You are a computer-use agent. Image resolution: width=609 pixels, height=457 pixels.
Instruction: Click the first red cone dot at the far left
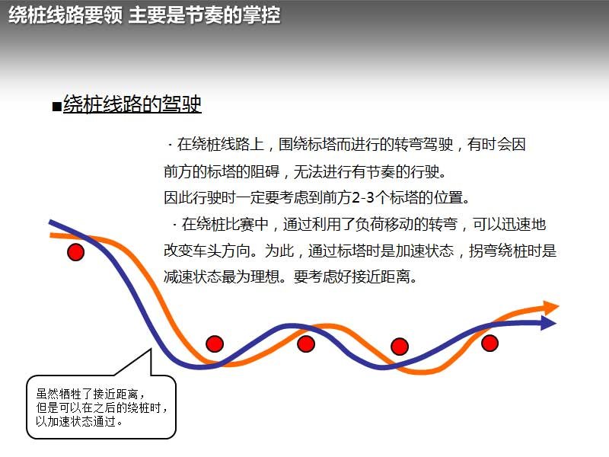coord(75,252)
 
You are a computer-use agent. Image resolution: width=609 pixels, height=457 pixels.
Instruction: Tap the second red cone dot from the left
coord(215,344)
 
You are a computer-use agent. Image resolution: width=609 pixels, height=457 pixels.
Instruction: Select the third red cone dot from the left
coord(306,344)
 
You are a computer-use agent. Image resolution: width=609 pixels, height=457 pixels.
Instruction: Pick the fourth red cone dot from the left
coord(400,347)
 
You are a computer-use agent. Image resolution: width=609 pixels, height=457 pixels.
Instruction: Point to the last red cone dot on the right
coord(489,344)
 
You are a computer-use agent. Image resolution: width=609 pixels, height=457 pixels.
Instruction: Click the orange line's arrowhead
coord(550,307)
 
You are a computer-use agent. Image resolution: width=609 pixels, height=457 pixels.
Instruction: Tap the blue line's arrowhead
coord(548,323)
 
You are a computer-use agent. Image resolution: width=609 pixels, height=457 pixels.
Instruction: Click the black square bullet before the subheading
coord(56,106)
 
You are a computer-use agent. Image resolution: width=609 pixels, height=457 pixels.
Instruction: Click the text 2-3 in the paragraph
coord(363,197)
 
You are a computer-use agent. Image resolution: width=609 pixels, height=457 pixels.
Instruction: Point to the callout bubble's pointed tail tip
coord(150,350)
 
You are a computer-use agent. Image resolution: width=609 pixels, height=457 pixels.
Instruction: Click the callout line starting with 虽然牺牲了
coord(91,394)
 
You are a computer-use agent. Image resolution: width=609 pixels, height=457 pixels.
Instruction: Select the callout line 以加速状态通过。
coord(80,421)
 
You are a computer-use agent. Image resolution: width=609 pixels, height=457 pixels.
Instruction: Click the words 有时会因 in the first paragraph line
coord(497,145)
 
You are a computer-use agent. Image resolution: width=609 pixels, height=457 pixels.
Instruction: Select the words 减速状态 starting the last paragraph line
coord(193,276)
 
